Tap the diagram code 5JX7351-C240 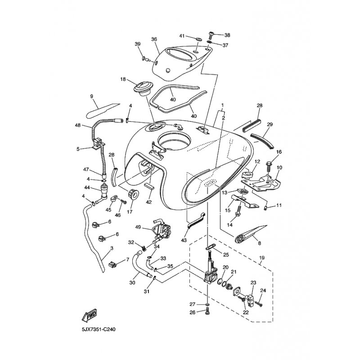pyautogui.click(x=98, y=330)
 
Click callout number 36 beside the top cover pyautogui.click(x=154, y=39)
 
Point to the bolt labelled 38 pyautogui.click(x=211, y=36)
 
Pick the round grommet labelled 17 pyautogui.click(x=133, y=195)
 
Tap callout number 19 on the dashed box pyautogui.click(x=262, y=258)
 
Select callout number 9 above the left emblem pyautogui.click(x=92, y=96)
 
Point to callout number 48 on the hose pyautogui.click(x=78, y=125)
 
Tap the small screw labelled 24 pyautogui.click(x=259, y=303)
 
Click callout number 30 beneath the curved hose pyautogui.click(x=132, y=283)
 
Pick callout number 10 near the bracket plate pyautogui.click(x=279, y=167)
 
